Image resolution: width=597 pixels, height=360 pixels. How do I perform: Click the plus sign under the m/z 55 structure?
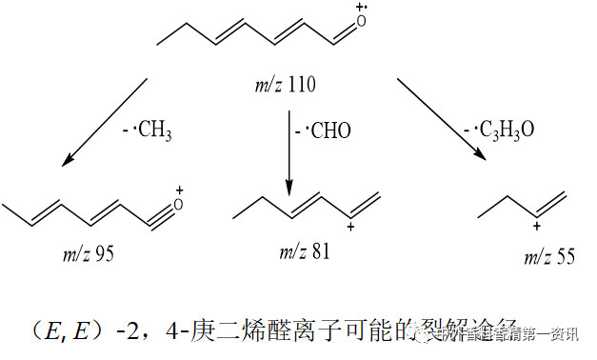(538, 227)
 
